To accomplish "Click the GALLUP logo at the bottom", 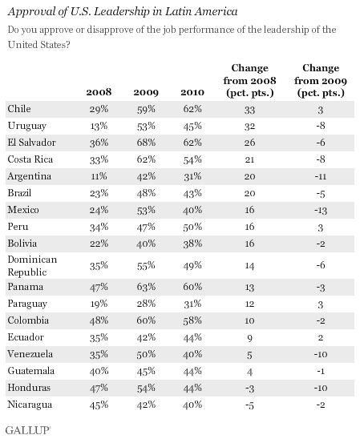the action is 28,430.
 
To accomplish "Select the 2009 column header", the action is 146,92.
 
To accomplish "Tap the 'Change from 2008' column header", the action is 249,80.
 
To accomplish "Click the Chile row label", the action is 19,109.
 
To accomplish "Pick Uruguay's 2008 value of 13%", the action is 99,126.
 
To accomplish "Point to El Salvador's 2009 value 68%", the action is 146,143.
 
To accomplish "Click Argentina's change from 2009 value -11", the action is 321,176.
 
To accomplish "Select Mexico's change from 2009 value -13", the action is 321,210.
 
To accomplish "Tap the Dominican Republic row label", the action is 32,266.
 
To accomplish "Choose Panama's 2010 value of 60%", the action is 192,287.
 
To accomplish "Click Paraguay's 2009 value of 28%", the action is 146,304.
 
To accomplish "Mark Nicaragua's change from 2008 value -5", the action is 249,405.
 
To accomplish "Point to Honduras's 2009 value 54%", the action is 146,388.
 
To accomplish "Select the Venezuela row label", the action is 30,354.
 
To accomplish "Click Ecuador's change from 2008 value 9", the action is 249,338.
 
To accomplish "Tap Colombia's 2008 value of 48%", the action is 99,320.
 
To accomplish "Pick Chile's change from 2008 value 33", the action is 249,110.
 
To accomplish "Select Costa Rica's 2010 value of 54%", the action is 192,159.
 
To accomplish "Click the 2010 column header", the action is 192,92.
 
